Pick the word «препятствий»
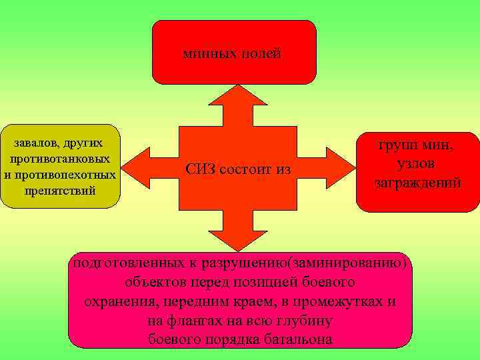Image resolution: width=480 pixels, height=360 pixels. pos(60,191)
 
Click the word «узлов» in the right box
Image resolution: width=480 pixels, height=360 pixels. pos(417,163)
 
